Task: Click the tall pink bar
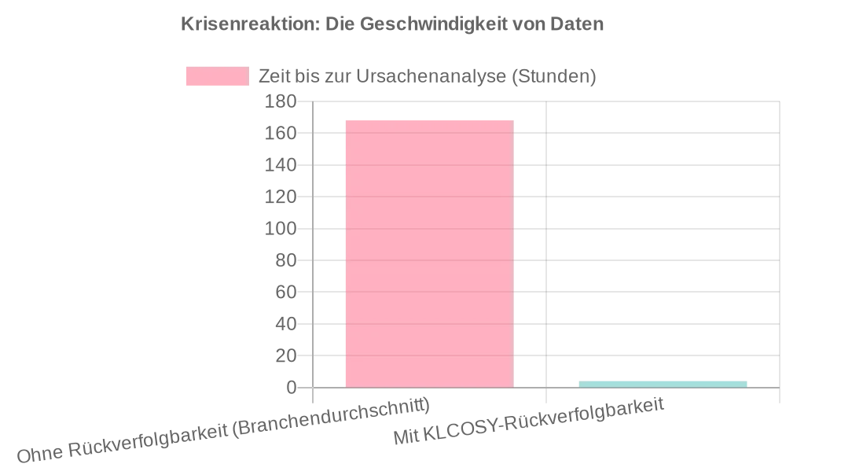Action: (x=429, y=254)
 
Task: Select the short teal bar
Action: (x=663, y=384)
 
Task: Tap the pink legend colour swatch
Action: (x=217, y=76)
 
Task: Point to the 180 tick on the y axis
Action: (x=281, y=101)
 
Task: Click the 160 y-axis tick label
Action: (x=281, y=134)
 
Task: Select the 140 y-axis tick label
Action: (x=281, y=165)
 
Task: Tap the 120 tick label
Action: (x=281, y=197)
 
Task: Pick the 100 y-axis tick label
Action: (x=281, y=229)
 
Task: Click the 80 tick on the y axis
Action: (x=285, y=260)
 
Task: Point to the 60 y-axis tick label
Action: (x=285, y=293)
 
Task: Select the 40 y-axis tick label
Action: (x=285, y=324)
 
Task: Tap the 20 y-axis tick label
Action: (x=285, y=356)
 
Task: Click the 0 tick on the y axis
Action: (x=291, y=388)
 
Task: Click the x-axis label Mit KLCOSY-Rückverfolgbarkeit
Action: (x=529, y=422)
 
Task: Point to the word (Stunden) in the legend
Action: (x=553, y=76)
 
